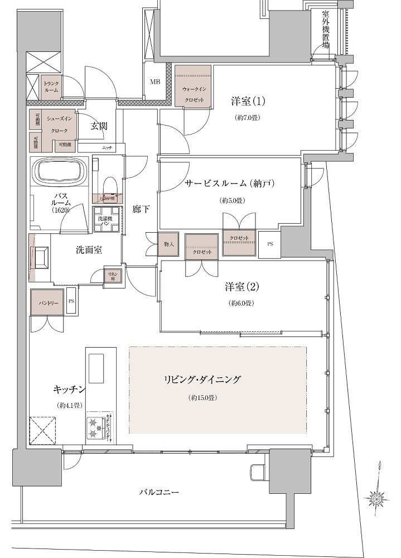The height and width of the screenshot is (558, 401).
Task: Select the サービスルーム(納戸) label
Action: (232, 184)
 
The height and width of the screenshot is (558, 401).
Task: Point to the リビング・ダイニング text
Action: (202, 380)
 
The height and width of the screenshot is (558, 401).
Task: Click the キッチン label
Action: (69, 388)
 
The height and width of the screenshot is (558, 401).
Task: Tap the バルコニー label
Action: (159, 493)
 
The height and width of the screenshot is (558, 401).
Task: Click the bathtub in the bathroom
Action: (58, 171)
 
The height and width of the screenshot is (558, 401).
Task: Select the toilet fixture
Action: (109, 184)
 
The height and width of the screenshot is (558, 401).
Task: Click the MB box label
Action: (154, 82)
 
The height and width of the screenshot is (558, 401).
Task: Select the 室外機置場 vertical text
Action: (325, 31)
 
